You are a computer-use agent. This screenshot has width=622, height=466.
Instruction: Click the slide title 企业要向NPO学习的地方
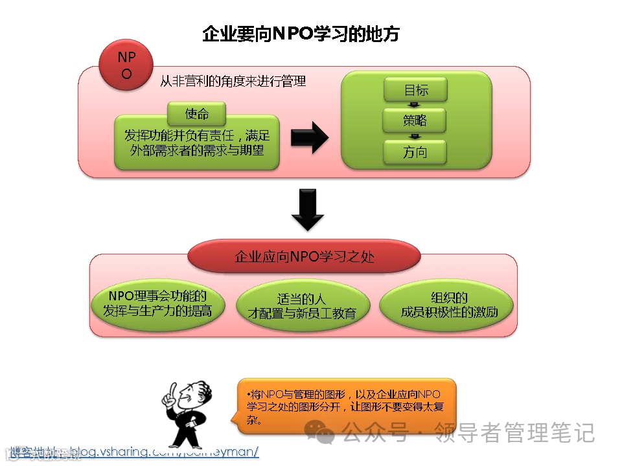(x=301, y=34)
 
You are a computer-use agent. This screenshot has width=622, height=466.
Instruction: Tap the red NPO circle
(x=126, y=65)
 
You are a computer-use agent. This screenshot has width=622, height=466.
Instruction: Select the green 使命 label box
(x=197, y=114)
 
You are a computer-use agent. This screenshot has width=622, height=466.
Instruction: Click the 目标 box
(x=415, y=91)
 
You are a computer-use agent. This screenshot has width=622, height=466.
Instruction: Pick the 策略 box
(x=415, y=121)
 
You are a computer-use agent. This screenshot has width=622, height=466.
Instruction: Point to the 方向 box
(x=415, y=153)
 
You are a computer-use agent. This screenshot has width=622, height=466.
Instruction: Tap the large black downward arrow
(x=308, y=209)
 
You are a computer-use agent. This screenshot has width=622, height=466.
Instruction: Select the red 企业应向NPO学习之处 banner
(x=304, y=256)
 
